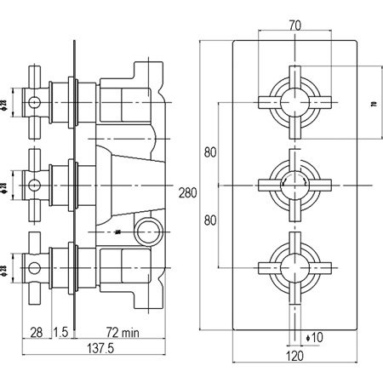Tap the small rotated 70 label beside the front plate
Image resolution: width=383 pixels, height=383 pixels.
coord(371,105)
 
